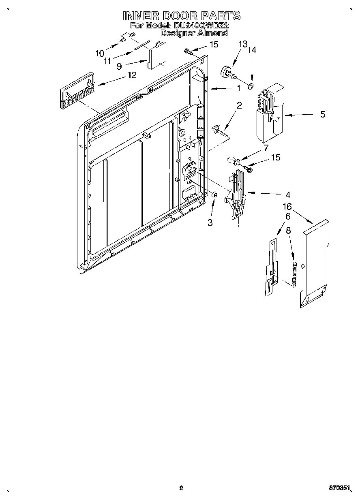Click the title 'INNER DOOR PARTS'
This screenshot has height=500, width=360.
click(181, 16)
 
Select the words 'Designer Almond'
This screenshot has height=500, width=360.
click(194, 34)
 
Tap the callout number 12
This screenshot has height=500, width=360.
click(132, 75)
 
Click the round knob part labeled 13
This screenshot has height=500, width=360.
click(226, 73)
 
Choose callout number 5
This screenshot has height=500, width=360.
click(323, 114)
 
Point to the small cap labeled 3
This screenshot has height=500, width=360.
click(215, 195)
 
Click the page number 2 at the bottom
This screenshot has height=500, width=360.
click(181, 488)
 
